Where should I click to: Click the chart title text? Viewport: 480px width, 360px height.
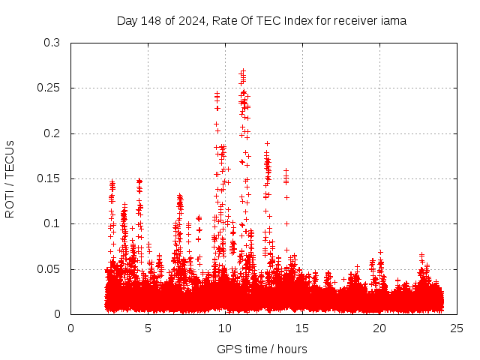(x=261, y=21)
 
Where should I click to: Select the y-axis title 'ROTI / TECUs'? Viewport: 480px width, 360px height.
(x=10, y=178)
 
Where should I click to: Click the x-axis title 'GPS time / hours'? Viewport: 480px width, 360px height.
(x=261, y=349)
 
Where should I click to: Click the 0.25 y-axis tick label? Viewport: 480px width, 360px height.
(x=49, y=88)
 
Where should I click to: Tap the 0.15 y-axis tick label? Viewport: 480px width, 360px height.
(x=49, y=178)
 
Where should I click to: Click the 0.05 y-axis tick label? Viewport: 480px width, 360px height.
(x=49, y=269)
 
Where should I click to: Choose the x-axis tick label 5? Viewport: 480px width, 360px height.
(x=148, y=328)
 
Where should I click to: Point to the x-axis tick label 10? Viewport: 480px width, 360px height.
(x=225, y=328)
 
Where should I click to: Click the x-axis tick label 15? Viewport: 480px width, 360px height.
(x=302, y=328)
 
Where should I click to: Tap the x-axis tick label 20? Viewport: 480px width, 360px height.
(x=379, y=328)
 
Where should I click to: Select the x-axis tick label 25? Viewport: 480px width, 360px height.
(x=457, y=328)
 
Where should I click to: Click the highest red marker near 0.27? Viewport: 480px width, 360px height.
(x=242, y=71)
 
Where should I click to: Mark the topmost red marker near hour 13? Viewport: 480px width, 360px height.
(x=267, y=142)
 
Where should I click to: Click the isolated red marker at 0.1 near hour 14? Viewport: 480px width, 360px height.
(x=286, y=223)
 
